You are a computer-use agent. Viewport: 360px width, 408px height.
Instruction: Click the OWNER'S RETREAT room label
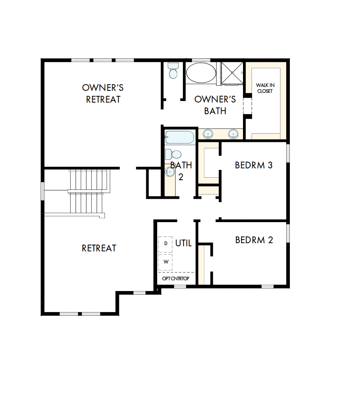(x=103, y=94)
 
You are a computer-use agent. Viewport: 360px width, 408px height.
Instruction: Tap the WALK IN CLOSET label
(x=264, y=88)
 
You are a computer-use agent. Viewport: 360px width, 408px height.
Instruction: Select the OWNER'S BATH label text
(x=215, y=105)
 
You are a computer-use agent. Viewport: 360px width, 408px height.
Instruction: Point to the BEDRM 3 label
(x=254, y=165)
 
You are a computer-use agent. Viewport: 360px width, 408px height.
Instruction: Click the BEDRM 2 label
(x=254, y=240)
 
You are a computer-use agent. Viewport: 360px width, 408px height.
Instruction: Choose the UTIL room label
(x=183, y=243)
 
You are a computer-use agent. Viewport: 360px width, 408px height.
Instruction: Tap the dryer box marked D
(x=165, y=243)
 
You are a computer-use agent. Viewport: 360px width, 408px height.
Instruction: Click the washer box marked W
(x=165, y=261)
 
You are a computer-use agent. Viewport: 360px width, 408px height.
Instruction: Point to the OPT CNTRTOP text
(x=176, y=279)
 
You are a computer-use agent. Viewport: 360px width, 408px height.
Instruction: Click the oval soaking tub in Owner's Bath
(x=200, y=72)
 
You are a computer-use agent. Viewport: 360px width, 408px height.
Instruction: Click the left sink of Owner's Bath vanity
(x=209, y=134)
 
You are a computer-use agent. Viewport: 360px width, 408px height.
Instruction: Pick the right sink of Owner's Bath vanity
(x=233, y=134)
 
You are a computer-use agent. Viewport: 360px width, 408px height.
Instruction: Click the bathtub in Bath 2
(x=180, y=137)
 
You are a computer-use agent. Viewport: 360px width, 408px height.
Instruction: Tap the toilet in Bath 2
(x=172, y=154)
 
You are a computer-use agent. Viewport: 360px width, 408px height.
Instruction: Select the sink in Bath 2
(x=170, y=172)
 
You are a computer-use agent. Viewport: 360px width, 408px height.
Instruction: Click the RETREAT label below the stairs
(x=99, y=248)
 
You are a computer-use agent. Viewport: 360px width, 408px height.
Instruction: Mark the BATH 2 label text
(x=181, y=171)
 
